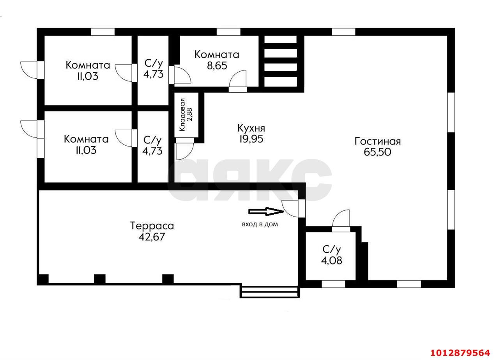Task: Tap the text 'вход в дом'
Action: pos(260,224)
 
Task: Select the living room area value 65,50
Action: pos(377,152)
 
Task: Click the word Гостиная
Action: pos(377,141)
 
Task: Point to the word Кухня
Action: pos(251,128)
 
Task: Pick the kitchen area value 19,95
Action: pos(251,139)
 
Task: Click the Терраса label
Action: pos(152,226)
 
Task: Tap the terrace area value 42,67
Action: pos(152,236)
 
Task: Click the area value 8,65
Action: pos(217,65)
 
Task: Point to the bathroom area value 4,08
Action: pos(331,260)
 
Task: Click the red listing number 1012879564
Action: pos(460,353)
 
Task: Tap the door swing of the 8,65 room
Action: pos(238,80)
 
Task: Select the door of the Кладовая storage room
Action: pos(184,150)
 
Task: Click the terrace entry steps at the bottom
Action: pos(269,292)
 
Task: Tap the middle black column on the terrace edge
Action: pos(100,279)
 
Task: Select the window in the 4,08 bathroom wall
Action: pos(333,284)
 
